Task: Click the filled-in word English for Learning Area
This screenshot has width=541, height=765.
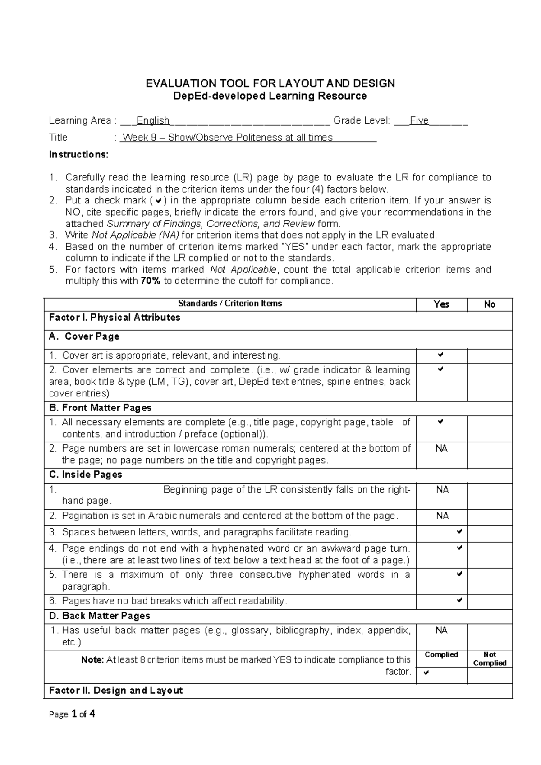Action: coord(153,120)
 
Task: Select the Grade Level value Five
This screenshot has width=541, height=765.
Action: coord(419,120)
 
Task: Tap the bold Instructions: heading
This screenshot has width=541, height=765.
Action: coord(79,155)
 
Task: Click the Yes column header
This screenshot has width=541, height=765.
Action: coord(441,304)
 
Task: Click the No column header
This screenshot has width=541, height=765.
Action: coord(490,304)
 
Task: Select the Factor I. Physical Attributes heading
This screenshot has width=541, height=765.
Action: coord(115,318)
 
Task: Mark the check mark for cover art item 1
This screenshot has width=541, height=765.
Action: coord(441,355)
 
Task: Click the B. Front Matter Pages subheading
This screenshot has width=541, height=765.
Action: coord(100,408)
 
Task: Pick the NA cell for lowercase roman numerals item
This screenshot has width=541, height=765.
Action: coord(441,449)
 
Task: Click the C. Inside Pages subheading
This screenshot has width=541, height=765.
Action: coord(86,475)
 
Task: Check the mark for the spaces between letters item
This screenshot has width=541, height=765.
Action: coord(459,532)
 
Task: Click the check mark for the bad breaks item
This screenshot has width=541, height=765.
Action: coord(459,600)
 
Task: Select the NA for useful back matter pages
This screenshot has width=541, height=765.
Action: coord(441,631)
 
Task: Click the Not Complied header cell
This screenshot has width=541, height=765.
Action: coord(490,659)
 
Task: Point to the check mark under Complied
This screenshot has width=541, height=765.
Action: coord(426,673)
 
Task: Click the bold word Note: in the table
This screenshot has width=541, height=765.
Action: coord(92,660)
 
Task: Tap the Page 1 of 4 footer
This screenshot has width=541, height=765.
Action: coord(72,714)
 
